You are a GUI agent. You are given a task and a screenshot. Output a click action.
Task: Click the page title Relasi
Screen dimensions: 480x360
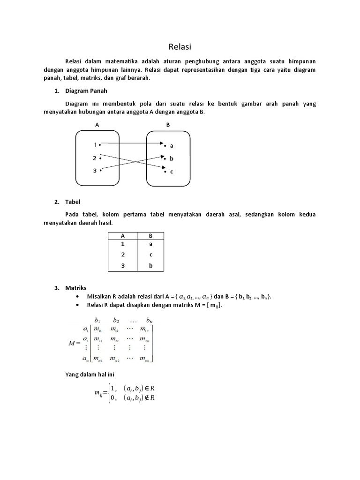coord(180,47)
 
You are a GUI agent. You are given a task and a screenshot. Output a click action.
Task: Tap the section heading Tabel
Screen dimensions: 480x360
coord(73,202)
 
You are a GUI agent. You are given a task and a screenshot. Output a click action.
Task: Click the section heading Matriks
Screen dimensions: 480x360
coord(76,288)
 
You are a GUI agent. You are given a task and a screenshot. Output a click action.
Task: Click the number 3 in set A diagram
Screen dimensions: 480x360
coord(95,171)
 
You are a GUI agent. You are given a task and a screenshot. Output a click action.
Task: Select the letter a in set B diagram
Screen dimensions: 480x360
coord(172,146)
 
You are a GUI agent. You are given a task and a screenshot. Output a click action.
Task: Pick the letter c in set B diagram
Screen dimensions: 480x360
coord(172,172)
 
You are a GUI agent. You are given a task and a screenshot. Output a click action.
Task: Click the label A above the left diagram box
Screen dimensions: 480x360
coord(97,125)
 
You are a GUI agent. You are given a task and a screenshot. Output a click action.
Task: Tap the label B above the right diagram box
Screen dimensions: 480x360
coord(168,125)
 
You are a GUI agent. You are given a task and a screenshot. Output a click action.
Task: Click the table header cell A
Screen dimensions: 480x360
coord(123,236)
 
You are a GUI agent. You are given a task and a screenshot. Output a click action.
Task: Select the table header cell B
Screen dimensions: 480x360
coord(150,236)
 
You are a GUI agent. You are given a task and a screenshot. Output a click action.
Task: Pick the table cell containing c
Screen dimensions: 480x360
coord(150,255)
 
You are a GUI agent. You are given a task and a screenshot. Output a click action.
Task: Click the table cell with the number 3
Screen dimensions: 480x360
coord(123,266)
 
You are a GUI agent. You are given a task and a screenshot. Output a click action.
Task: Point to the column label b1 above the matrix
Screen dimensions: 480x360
coord(97,321)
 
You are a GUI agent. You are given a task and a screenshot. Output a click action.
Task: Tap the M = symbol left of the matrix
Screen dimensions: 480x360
coord(75,343)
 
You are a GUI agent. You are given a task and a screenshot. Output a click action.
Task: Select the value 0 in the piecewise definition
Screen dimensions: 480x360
coord(112,398)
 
